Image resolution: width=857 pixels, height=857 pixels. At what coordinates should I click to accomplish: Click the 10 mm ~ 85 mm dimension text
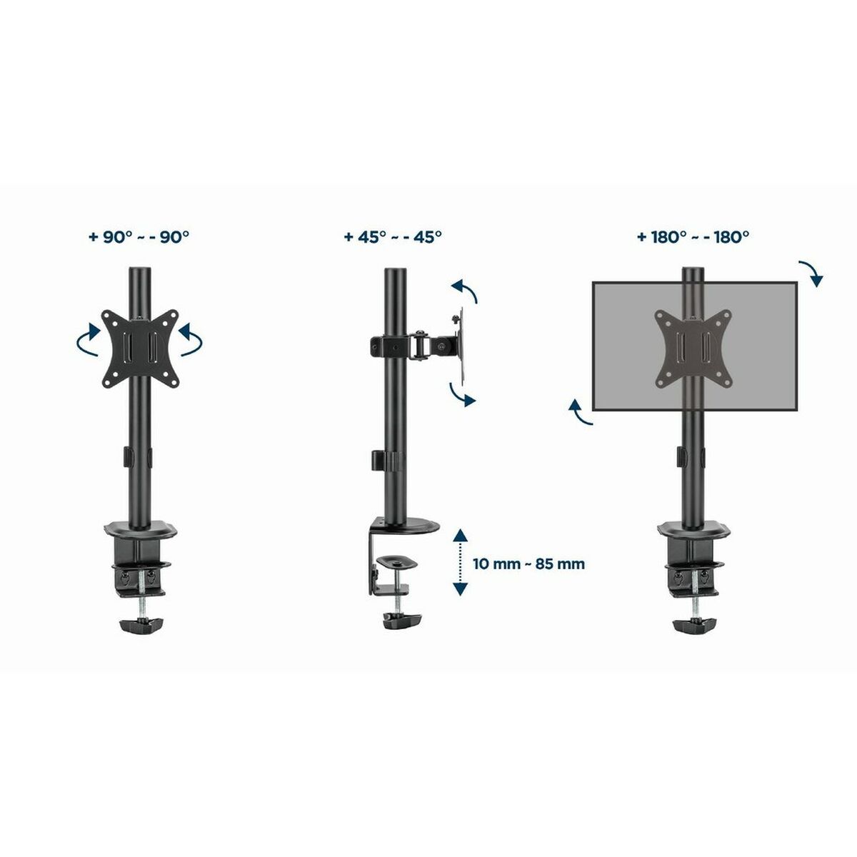point(528,563)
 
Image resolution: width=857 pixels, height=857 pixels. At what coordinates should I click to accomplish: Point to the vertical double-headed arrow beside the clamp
point(461,563)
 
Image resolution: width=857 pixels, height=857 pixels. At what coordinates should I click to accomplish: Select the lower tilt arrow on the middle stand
point(462,394)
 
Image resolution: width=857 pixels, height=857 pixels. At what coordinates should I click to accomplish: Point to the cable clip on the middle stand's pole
point(378,461)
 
